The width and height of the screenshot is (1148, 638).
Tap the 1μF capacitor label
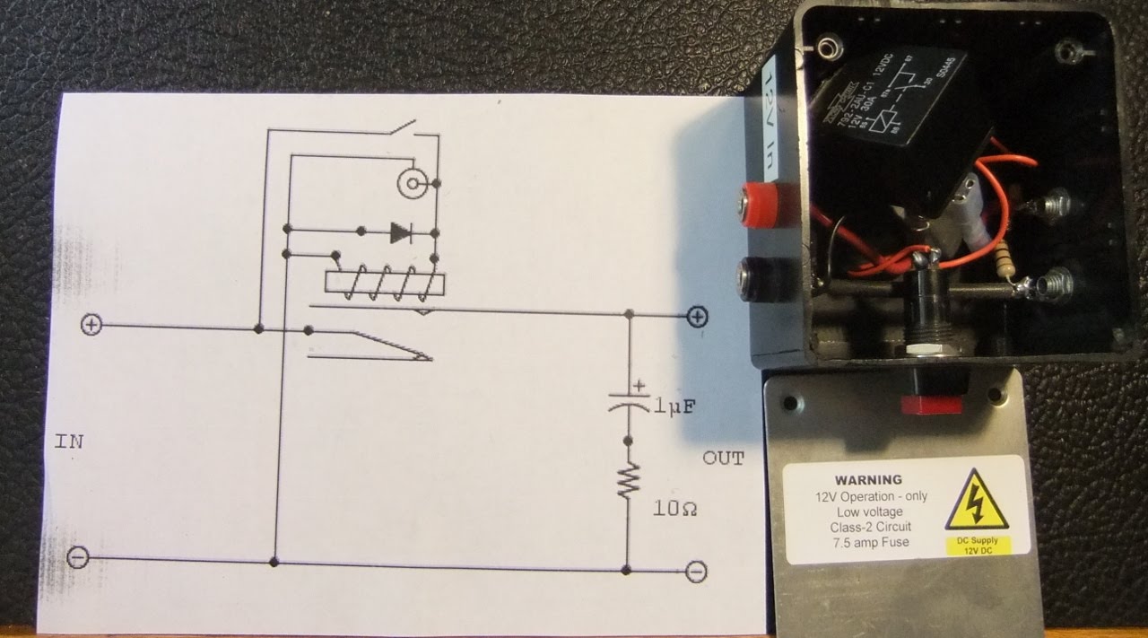[674, 408]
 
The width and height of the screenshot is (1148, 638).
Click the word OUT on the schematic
[723, 459]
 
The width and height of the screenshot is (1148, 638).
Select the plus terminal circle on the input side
[91, 325]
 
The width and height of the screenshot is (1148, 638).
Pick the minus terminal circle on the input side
[79, 558]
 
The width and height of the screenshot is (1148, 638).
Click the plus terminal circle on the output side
[697, 316]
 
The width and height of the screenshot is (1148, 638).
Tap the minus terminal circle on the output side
[695, 571]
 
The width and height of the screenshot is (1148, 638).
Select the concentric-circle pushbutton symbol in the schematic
[411, 185]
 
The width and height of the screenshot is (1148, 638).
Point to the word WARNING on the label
[868, 480]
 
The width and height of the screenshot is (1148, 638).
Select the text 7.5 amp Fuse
[868, 541]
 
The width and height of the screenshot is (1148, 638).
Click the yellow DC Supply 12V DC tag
[978, 545]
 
